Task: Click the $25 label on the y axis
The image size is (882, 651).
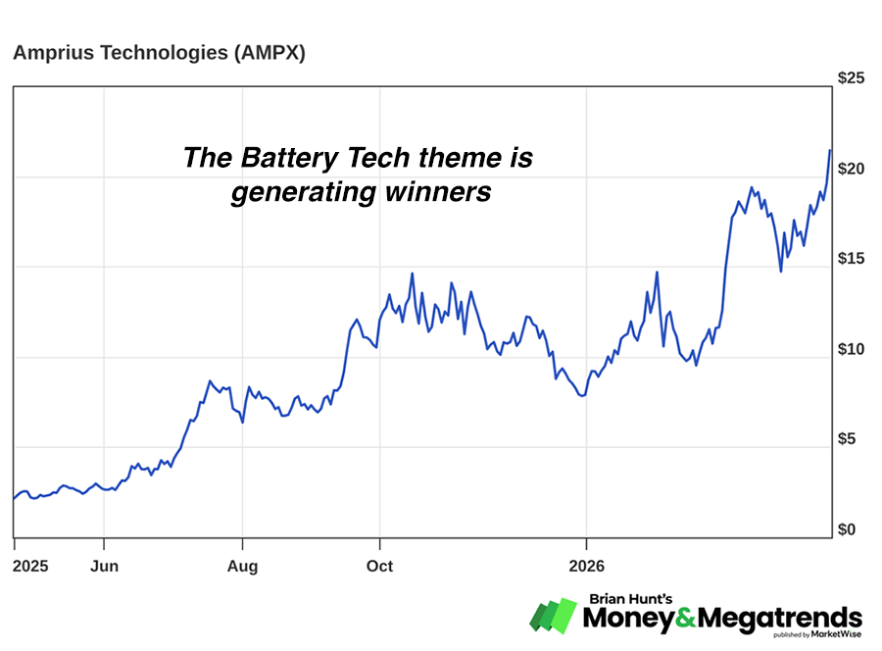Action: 851,78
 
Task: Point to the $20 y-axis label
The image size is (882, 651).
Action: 851,169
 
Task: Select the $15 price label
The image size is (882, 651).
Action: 851,259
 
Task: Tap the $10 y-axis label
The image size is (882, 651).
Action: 851,350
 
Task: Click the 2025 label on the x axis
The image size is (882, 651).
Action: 31,567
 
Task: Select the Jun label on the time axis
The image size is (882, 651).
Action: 104,567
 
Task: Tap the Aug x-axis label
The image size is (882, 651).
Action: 242,567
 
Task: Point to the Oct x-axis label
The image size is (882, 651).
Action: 379,567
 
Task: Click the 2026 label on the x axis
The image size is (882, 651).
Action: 585,567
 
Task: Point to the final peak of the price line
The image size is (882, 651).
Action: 830,150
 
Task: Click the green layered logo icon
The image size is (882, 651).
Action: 555,615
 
